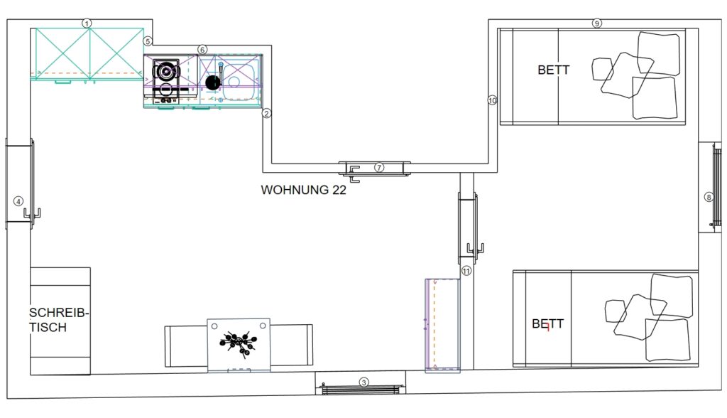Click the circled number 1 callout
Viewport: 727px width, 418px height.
[87, 23]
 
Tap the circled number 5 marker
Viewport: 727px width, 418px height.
[148, 41]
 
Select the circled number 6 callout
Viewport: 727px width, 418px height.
[202, 50]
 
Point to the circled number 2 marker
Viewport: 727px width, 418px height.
[266, 113]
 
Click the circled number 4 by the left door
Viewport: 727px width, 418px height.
[18, 202]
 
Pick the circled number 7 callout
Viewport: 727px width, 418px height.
[379, 167]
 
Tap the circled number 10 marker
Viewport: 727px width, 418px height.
[492, 100]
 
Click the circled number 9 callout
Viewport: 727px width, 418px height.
[596, 23]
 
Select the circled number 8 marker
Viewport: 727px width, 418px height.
[709, 198]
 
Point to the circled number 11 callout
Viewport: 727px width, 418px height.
[466, 271]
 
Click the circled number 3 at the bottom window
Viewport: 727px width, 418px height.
[364, 382]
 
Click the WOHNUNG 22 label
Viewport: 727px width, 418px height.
[304, 190]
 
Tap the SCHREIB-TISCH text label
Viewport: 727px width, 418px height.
[58, 320]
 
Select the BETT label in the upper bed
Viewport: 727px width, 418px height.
[554, 70]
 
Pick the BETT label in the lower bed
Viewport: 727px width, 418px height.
[547, 323]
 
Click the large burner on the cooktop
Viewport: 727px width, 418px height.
[166, 71]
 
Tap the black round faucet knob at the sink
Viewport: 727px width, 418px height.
[213, 82]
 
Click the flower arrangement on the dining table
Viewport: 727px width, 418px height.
[239, 343]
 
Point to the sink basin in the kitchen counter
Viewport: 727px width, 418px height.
[239, 82]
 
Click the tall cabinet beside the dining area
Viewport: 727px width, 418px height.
[443, 325]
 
